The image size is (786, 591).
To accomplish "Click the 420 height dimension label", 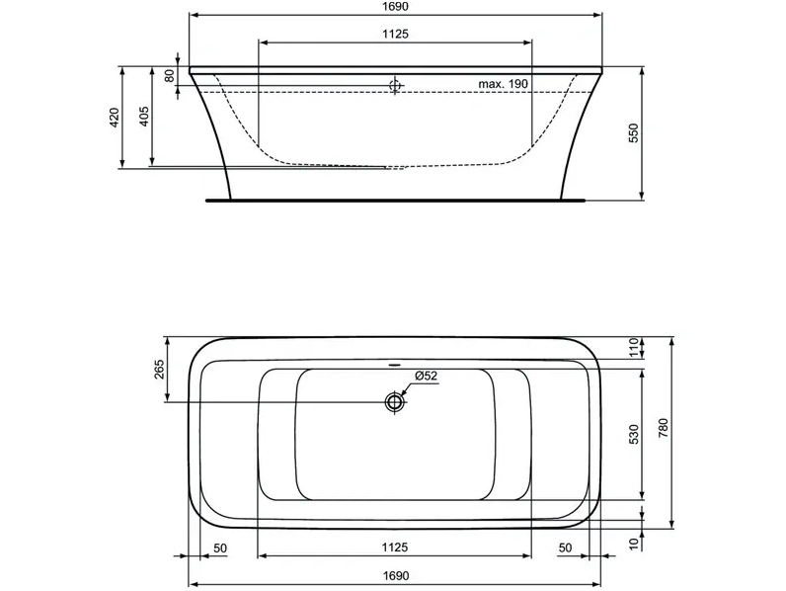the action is (115, 117).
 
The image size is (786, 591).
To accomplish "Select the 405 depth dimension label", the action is (144, 116).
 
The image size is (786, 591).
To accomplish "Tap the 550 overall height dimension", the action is (634, 133).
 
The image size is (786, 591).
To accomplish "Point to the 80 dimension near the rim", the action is (170, 76).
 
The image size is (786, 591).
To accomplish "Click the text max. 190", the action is (503, 84).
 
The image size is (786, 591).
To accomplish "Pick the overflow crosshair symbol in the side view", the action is (396, 86).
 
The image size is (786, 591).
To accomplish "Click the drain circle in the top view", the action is (395, 401).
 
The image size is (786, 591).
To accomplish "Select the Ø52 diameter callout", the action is (427, 376).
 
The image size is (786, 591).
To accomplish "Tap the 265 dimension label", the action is (159, 370).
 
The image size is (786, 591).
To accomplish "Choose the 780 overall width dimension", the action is (663, 428).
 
